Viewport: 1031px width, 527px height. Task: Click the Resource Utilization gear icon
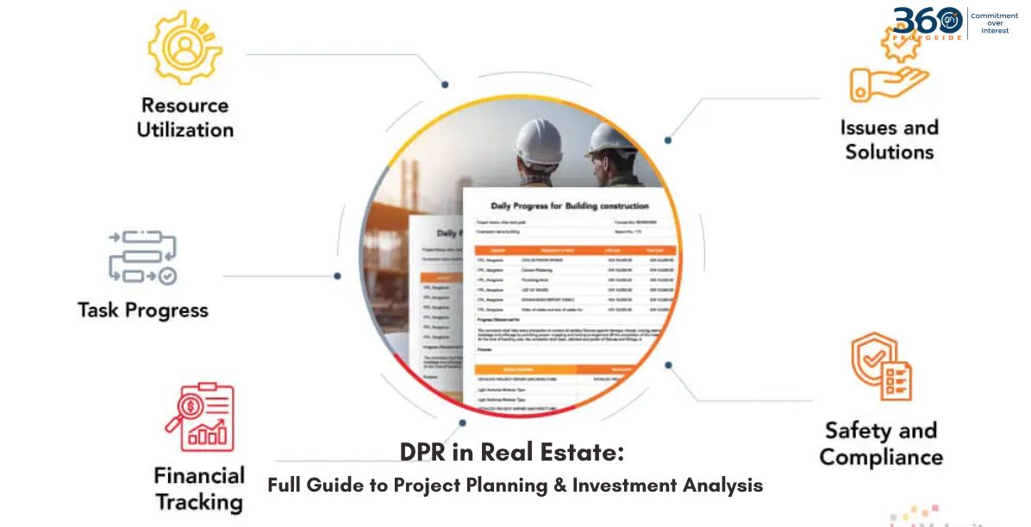184,47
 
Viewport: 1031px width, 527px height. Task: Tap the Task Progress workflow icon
142,256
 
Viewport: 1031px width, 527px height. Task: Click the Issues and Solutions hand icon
888,74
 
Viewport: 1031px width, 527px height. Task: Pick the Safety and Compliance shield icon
881,367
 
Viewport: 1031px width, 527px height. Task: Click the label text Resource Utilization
185,117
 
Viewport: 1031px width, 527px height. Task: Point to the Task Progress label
143,310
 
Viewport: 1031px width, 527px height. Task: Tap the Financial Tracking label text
199,488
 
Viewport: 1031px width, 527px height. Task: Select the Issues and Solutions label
890,140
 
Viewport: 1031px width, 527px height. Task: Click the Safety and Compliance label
881,443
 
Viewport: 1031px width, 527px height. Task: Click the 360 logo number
927,21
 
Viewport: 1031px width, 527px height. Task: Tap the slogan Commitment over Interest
994,23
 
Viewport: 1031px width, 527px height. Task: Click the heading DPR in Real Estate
511,453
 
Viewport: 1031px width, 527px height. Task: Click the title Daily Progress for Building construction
570,206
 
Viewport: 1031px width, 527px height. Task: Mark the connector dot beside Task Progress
337,276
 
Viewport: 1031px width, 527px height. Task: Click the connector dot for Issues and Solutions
668,140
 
